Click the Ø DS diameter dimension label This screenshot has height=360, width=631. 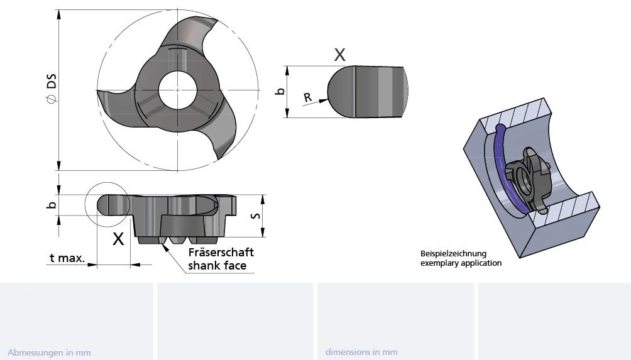pos(52,88)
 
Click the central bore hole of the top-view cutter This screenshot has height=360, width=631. pos(177,90)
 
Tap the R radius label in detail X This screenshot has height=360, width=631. pos(307,97)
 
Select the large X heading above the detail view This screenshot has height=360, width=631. pos(339,55)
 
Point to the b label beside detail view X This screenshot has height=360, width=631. pos(280,91)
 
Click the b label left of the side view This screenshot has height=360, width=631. pos(51,205)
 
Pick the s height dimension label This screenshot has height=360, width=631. pos(255,216)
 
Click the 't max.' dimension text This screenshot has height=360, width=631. pos(67,258)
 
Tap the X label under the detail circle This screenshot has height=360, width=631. pos(118,239)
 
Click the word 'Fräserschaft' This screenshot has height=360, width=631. pos(221,252)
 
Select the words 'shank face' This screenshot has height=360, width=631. pos(217,266)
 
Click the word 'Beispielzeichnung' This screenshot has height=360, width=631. pos(454,254)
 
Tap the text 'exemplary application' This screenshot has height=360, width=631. pos(461,263)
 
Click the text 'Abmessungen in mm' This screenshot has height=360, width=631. pos(49,352)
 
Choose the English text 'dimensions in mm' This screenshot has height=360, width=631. pos(361,352)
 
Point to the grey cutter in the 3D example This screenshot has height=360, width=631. pos(527,180)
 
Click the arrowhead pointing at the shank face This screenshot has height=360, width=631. pos(165,247)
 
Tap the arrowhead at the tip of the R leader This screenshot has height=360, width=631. pos(323,101)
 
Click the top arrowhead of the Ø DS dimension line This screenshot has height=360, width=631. pos(58,14)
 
